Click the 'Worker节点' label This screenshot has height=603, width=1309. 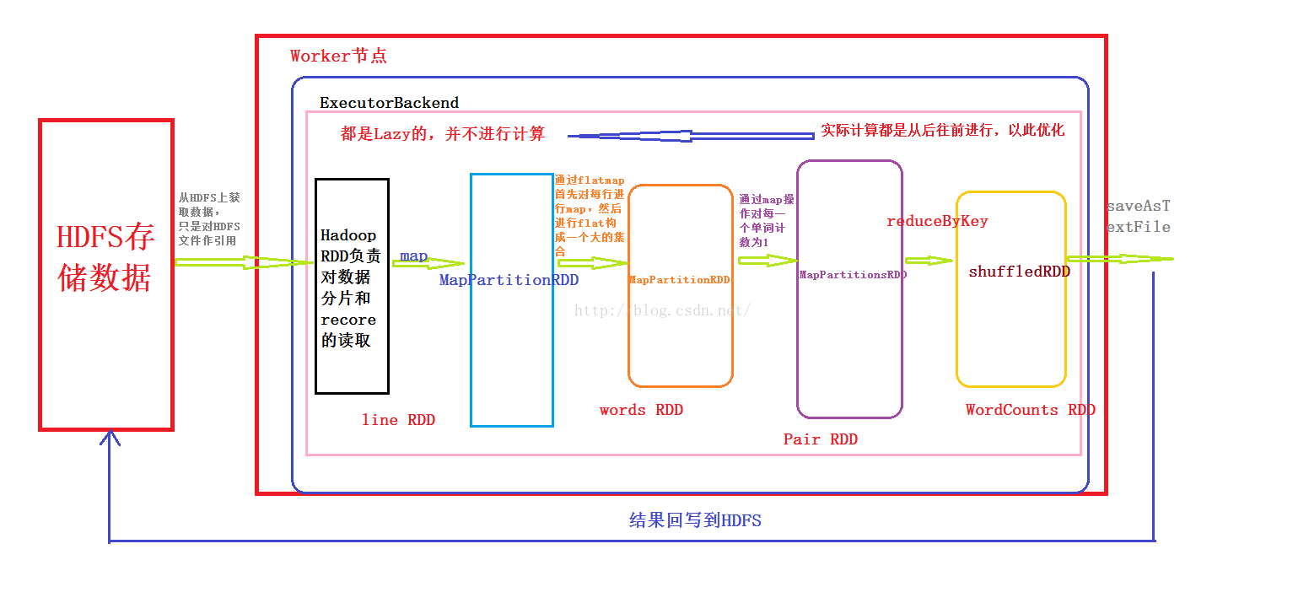pos(338,57)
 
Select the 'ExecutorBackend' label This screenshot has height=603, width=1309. pos(389,103)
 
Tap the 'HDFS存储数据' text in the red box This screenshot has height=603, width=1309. pos(105,258)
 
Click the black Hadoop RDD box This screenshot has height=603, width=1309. pos(352,287)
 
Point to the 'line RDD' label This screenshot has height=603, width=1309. pos(398,420)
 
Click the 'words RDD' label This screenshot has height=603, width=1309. pos(641,410)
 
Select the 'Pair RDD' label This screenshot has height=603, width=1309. pos(820,439)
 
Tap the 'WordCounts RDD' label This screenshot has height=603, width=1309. pos(1030,410)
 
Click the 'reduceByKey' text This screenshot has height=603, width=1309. pos(937,221)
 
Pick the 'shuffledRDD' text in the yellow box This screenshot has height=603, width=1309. pos(1019,272)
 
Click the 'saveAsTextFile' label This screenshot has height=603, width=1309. pos(1138,217)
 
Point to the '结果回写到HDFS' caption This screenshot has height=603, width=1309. pos(695,520)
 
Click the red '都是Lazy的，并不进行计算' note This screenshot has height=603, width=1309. pos(442,133)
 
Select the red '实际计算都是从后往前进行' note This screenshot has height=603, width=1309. pos(942,131)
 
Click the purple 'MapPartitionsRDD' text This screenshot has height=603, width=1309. pos(852,275)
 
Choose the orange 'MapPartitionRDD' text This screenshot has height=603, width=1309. pos(679,280)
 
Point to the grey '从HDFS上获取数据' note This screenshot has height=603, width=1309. pos(209,218)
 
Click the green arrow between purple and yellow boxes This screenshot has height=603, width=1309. pos(929,261)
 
